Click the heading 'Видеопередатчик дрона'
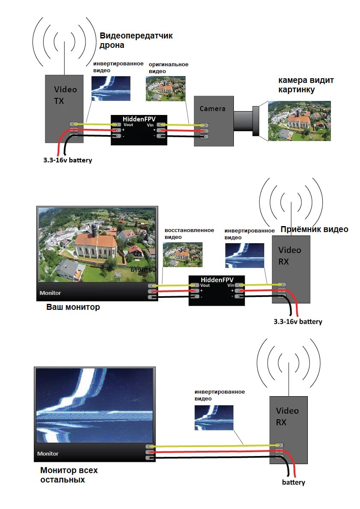[136, 40]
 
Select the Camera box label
[212, 109]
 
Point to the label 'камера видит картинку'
[306, 85]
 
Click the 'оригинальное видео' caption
[168, 68]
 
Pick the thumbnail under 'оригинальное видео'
[165, 88]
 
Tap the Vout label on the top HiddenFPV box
[128, 124]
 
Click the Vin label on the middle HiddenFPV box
[231, 285]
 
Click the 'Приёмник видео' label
[314, 229]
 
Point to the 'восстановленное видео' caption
[189, 233]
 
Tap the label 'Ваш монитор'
[73, 307]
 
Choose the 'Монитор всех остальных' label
[69, 475]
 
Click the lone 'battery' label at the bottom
[293, 483]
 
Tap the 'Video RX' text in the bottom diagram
[287, 416]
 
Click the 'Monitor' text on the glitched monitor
[48, 453]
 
